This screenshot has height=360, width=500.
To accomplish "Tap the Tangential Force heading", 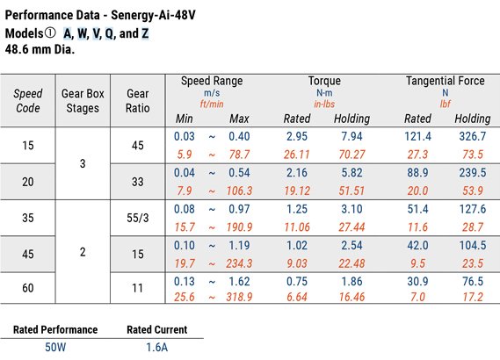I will click(x=444, y=81).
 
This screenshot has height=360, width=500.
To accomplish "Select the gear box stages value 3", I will click(x=82, y=163).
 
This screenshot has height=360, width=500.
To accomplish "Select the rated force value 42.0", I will click(x=417, y=245).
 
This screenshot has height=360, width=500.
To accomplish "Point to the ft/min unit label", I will click(x=212, y=103).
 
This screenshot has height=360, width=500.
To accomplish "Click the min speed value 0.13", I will click(x=185, y=282).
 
